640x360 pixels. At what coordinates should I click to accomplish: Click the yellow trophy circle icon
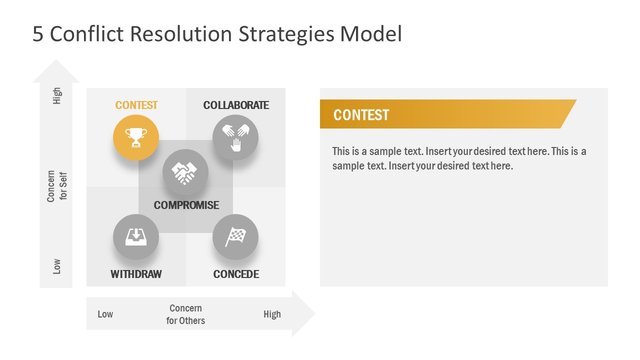pyautogui.click(x=136, y=137)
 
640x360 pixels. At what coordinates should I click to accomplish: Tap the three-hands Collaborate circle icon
pyautogui.click(x=235, y=137)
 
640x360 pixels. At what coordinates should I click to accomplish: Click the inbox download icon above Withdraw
pyautogui.click(x=136, y=237)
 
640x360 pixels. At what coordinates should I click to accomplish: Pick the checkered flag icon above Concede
pyautogui.click(x=235, y=237)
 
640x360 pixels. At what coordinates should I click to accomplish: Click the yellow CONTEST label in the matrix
pyautogui.click(x=136, y=105)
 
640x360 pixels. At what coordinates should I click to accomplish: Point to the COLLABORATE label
pyautogui.click(x=236, y=105)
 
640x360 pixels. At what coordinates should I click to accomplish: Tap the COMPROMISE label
pyautogui.click(x=186, y=205)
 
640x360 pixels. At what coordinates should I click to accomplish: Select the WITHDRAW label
pyautogui.click(x=136, y=274)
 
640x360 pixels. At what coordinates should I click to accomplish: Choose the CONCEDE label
pyautogui.click(x=236, y=274)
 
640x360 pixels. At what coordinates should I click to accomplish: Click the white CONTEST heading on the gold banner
pyautogui.click(x=361, y=115)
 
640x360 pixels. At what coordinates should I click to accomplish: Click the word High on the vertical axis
pyautogui.click(x=57, y=95)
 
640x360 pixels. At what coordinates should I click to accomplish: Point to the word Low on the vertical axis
pyautogui.click(x=57, y=266)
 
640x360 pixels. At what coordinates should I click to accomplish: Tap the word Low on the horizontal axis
pyautogui.click(x=105, y=314)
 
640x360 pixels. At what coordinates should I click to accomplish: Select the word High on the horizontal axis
pyautogui.click(x=272, y=314)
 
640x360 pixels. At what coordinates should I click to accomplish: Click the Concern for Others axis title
pyautogui.click(x=185, y=314)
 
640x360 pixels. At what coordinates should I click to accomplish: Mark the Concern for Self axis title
pyautogui.click(x=57, y=186)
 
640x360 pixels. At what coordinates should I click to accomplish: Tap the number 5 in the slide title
pyautogui.click(x=38, y=34)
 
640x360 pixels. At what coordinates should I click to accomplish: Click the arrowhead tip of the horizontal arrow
pyautogui.click(x=314, y=313)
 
